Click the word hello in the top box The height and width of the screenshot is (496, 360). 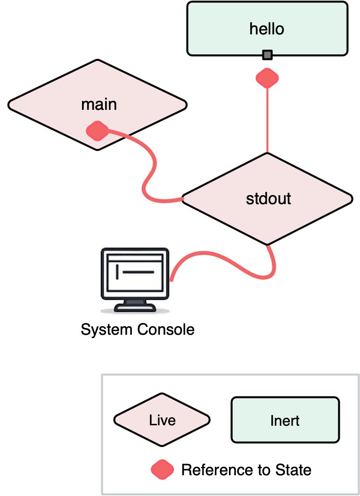pos(267,29)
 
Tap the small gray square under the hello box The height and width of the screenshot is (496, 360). pos(268,55)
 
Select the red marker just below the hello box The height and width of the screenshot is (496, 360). pos(267,78)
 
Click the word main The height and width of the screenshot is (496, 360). pos(99,104)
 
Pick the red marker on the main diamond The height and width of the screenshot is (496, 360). pos(98,131)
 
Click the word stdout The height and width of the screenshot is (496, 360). pos(269,198)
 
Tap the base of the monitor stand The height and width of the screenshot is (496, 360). pos(135,309)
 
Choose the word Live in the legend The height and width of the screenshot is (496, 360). pos(162,420)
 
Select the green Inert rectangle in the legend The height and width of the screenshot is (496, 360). pos(285,420)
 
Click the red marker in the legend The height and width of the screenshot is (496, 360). pos(163,470)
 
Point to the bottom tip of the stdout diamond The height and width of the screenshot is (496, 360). pos(267,243)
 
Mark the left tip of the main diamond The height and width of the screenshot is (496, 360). pos(11,105)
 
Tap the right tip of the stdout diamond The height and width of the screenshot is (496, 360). pos(350,199)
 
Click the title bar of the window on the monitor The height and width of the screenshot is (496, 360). pos(135,257)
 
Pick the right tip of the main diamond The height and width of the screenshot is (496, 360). pos(184,105)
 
